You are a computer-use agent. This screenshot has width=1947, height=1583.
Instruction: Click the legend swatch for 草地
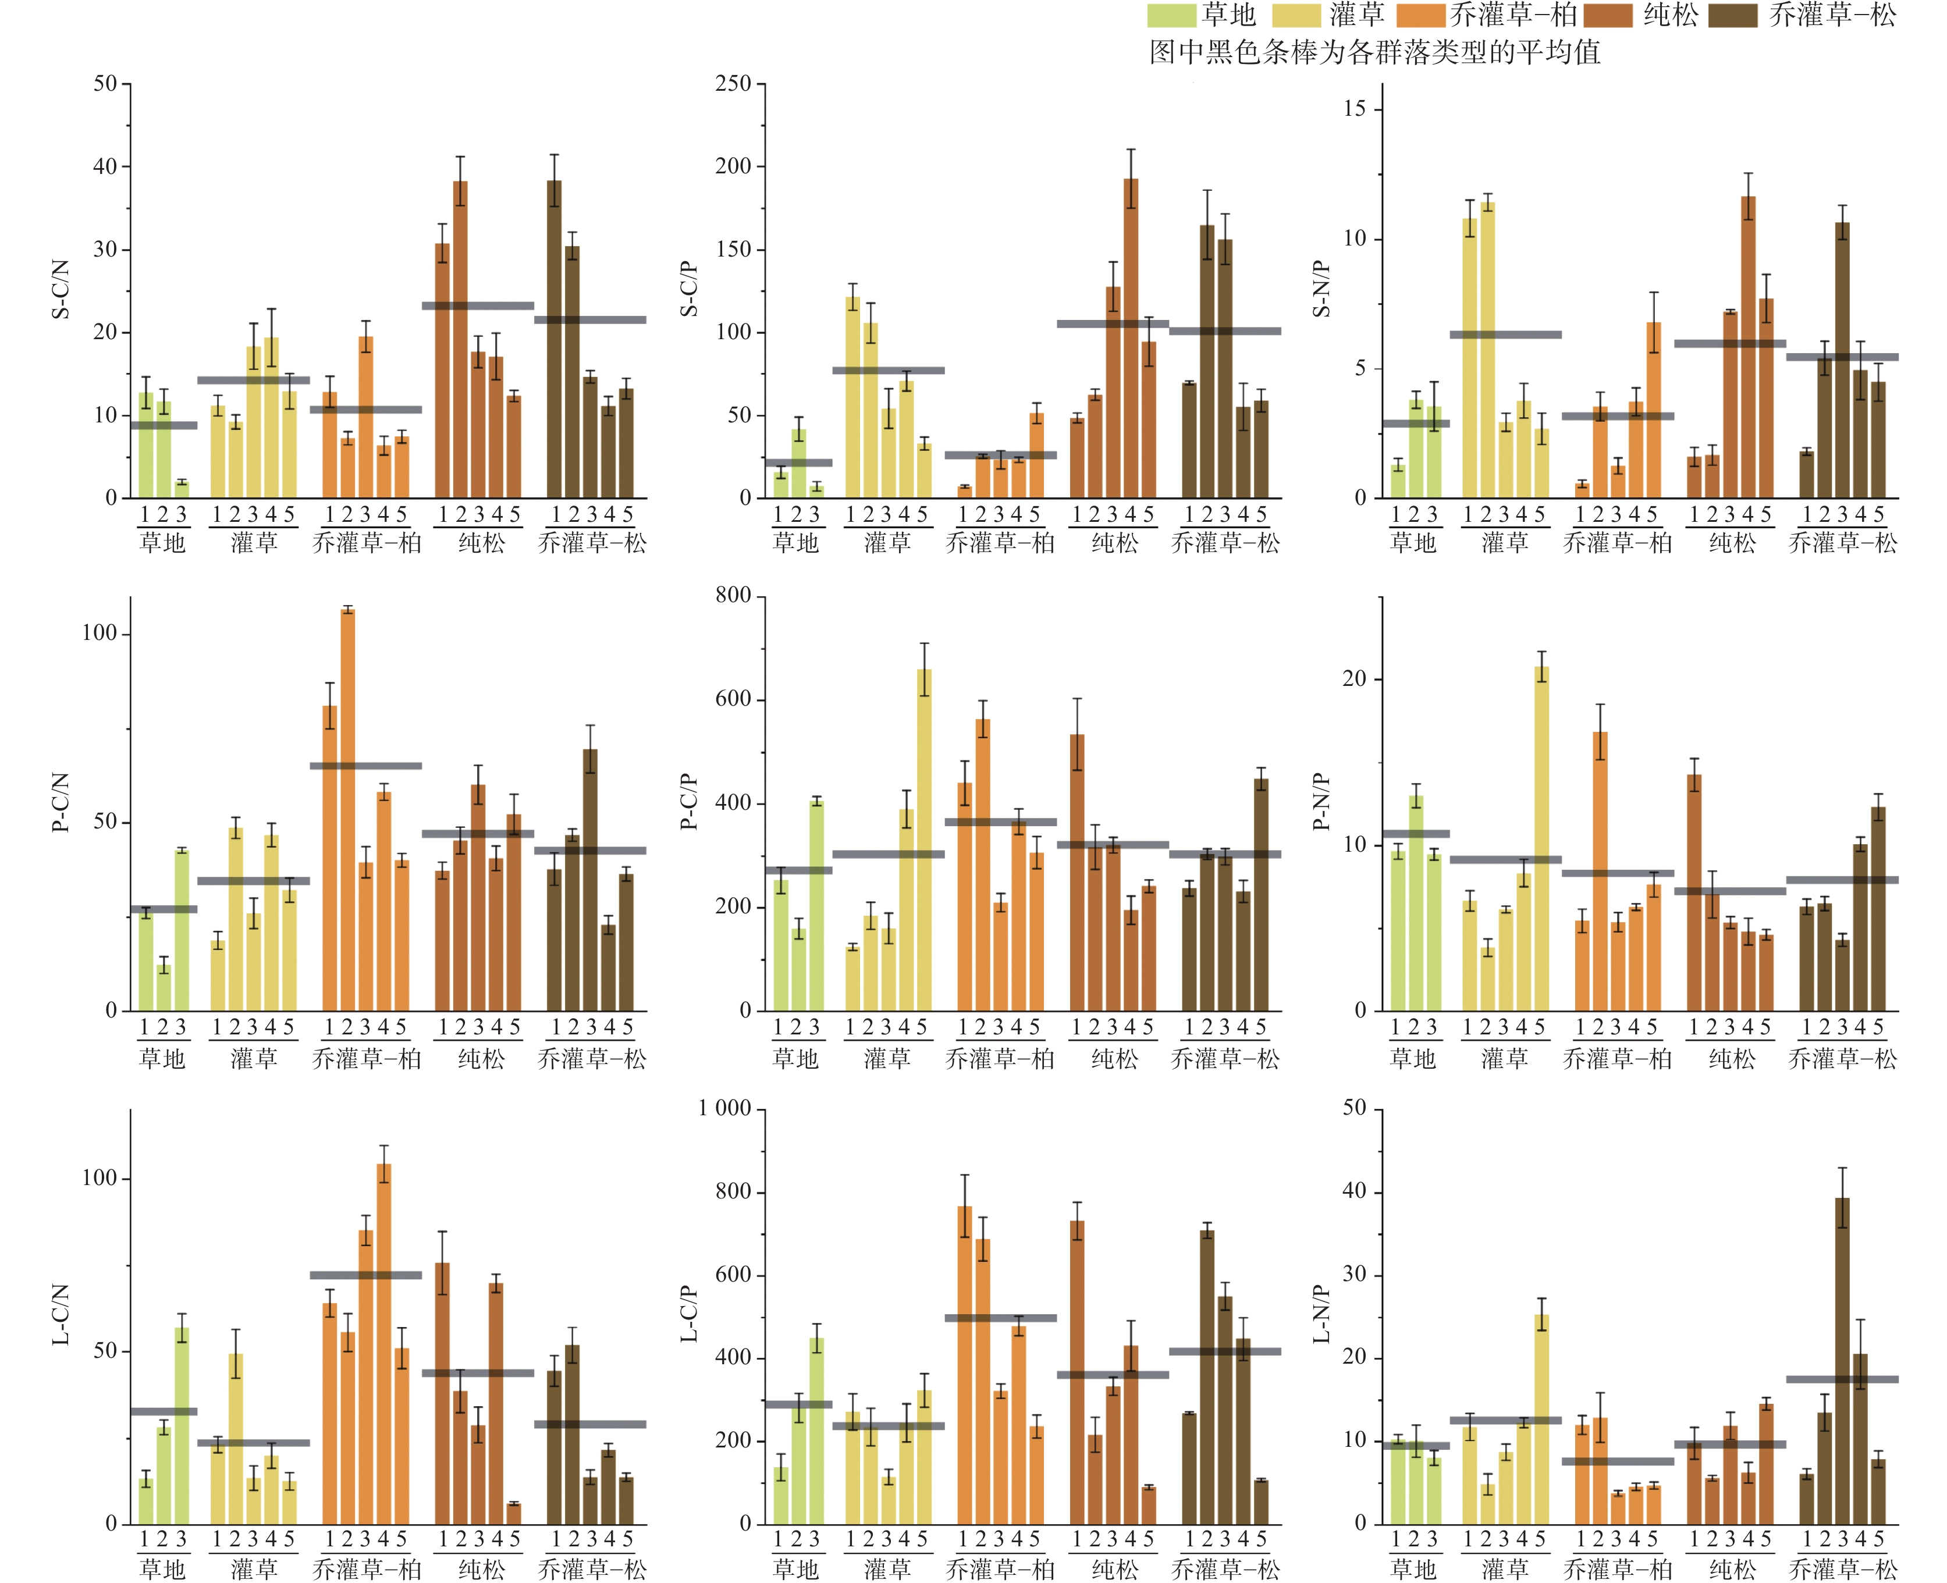click(x=1171, y=16)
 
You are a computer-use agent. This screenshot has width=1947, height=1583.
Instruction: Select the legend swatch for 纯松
click(x=1609, y=16)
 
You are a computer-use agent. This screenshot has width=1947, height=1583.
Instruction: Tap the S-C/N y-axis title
click(x=60, y=289)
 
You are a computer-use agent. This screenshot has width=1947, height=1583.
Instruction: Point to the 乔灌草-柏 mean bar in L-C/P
click(x=1000, y=1318)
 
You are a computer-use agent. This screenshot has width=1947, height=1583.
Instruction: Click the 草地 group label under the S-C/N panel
click(x=162, y=543)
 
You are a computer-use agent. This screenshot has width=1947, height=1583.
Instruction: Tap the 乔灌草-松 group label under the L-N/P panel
click(x=1842, y=1568)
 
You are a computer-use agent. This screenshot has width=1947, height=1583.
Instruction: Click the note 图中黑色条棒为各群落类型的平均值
click(x=1374, y=52)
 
